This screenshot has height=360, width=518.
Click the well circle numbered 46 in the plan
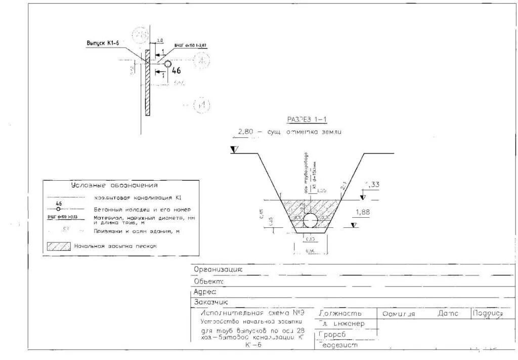click(167, 64)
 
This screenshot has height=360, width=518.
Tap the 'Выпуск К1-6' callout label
click(103, 44)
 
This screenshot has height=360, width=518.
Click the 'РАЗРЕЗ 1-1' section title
click(308, 119)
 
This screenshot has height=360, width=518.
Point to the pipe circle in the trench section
click(310, 221)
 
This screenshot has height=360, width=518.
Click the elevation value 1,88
click(362, 213)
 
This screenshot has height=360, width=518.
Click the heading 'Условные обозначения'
click(114, 185)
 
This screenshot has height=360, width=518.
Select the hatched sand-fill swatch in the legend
click(59, 247)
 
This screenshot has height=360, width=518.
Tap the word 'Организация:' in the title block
click(218, 270)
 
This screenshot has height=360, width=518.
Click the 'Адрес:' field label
click(205, 292)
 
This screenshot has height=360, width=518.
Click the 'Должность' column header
click(340, 314)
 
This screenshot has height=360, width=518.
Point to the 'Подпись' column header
click(488, 314)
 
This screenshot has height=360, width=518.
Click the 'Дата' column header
click(448, 314)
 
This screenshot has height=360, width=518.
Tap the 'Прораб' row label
click(332, 335)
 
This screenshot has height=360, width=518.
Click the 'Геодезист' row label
click(338, 345)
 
